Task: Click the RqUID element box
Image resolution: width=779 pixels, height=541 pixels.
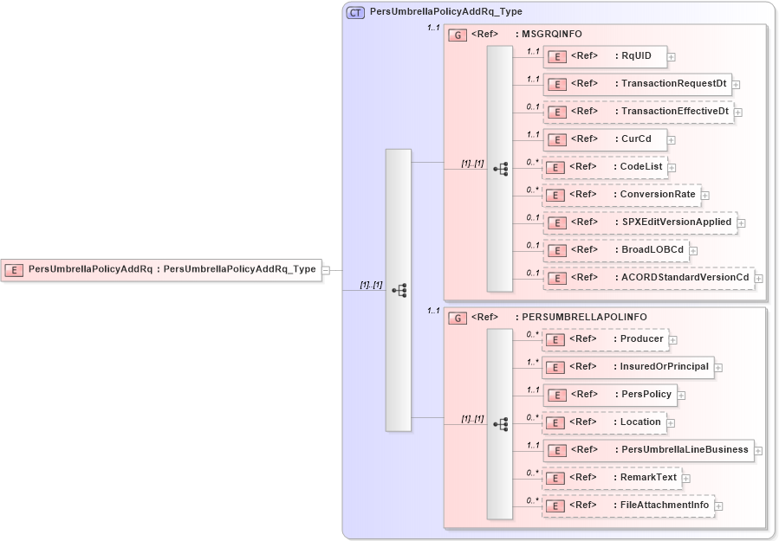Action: tap(605, 56)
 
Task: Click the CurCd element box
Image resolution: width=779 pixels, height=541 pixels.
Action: tap(605, 139)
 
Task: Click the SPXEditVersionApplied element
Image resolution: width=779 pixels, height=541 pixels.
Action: tap(639, 222)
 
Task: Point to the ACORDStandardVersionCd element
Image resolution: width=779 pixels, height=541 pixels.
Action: tap(648, 278)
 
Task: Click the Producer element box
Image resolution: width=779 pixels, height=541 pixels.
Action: tap(605, 339)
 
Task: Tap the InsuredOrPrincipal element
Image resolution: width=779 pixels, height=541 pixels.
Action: tap(627, 367)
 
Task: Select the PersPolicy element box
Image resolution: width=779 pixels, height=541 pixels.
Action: tap(609, 395)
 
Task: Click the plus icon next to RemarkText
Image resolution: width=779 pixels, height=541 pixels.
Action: tap(686, 478)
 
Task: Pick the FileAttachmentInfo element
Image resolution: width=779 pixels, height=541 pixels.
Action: tap(627, 506)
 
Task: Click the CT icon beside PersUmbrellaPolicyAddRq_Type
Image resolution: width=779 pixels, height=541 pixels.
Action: tap(355, 13)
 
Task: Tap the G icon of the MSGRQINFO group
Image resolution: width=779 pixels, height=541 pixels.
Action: tap(457, 35)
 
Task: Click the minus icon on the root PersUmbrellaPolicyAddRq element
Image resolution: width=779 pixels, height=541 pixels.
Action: tap(326, 270)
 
